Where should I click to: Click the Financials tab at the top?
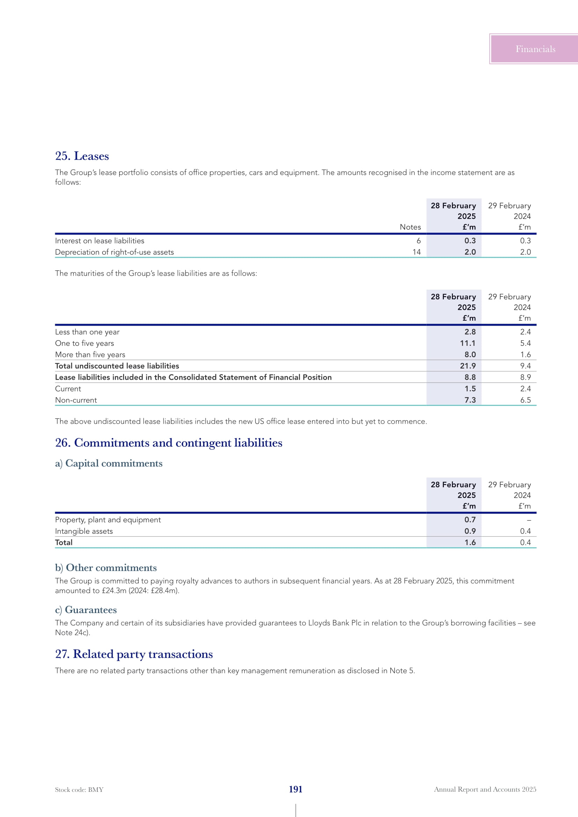pos(535,49)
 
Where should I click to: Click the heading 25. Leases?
pos(82,156)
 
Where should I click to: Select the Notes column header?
pos(410,227)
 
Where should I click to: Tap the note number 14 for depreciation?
pos(417,252)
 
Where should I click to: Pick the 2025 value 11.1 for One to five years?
pos(467,343)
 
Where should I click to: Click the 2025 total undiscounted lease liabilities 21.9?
pos(467,366)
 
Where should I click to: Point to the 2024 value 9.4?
pos(525,366)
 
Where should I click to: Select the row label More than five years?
pos(90,355)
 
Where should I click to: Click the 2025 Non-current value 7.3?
pos(470,400)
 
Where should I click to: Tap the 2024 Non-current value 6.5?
pos(525,400)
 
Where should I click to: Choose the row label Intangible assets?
pos(84,531)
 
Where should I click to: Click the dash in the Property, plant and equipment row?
pos(528,520)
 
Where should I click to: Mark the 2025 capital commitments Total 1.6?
pos(470,542)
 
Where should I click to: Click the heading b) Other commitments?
pos(106,568)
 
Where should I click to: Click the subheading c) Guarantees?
pos(86,610)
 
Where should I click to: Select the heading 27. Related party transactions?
pos(134,654)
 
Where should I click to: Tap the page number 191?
pos(295,789)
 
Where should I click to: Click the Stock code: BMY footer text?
pos(79,790)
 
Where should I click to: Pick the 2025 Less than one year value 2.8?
pos(470,331)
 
